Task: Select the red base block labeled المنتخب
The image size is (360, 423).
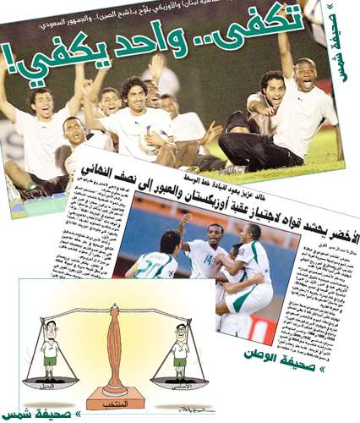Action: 115,395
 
